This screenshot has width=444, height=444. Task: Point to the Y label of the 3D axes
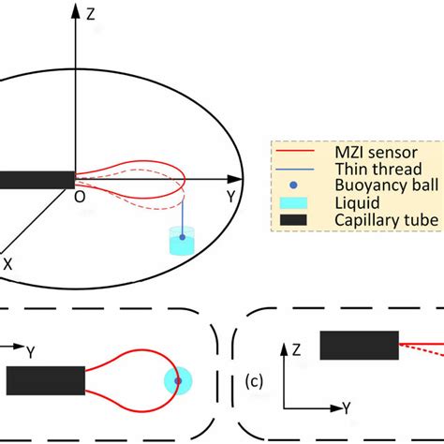click(x=229, y=196)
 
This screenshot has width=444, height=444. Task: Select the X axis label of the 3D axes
click(x=7, y=265)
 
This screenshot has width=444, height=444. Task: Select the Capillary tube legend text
click(x=364, y=221)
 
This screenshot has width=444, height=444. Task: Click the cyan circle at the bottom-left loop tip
click(x=177, y=381)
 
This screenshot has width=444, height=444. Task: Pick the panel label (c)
click(x=252, y=382)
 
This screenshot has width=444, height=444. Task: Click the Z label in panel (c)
click(x=295, y=348)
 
